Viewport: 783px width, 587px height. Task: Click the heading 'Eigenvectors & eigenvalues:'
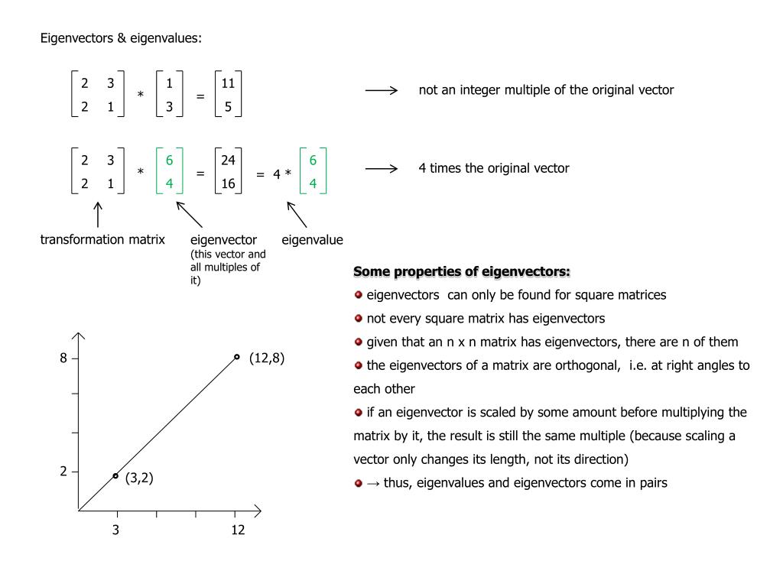point(121,39)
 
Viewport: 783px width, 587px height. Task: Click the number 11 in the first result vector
point(228,84)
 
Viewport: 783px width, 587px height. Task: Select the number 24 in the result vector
point(228,160)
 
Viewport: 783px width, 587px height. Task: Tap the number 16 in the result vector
point(228,183)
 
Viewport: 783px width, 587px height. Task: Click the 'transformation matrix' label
point(102,240)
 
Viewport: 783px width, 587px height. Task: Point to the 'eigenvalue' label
point(312,240)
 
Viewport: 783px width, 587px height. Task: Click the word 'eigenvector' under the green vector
point(223,240)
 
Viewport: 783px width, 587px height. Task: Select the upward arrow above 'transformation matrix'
point(99,214)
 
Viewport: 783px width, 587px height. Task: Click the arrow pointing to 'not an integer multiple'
point(382,90)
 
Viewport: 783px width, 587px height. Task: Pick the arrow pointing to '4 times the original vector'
point(382,169)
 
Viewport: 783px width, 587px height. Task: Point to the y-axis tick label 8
point(64,358)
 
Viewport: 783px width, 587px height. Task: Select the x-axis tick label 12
point(239,530)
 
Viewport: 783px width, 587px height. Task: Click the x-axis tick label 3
point(115,530)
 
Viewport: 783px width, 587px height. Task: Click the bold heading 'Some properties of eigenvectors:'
point(462,272)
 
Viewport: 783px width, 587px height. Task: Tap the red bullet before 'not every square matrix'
point(358,319)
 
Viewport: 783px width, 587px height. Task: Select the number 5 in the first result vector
point(228,108)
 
